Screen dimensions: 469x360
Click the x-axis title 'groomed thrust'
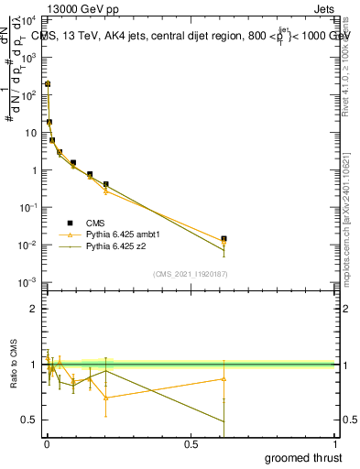303,458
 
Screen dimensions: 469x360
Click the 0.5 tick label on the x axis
191,444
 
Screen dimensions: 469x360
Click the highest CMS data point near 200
48,84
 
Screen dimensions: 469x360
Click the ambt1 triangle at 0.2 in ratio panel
106,398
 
